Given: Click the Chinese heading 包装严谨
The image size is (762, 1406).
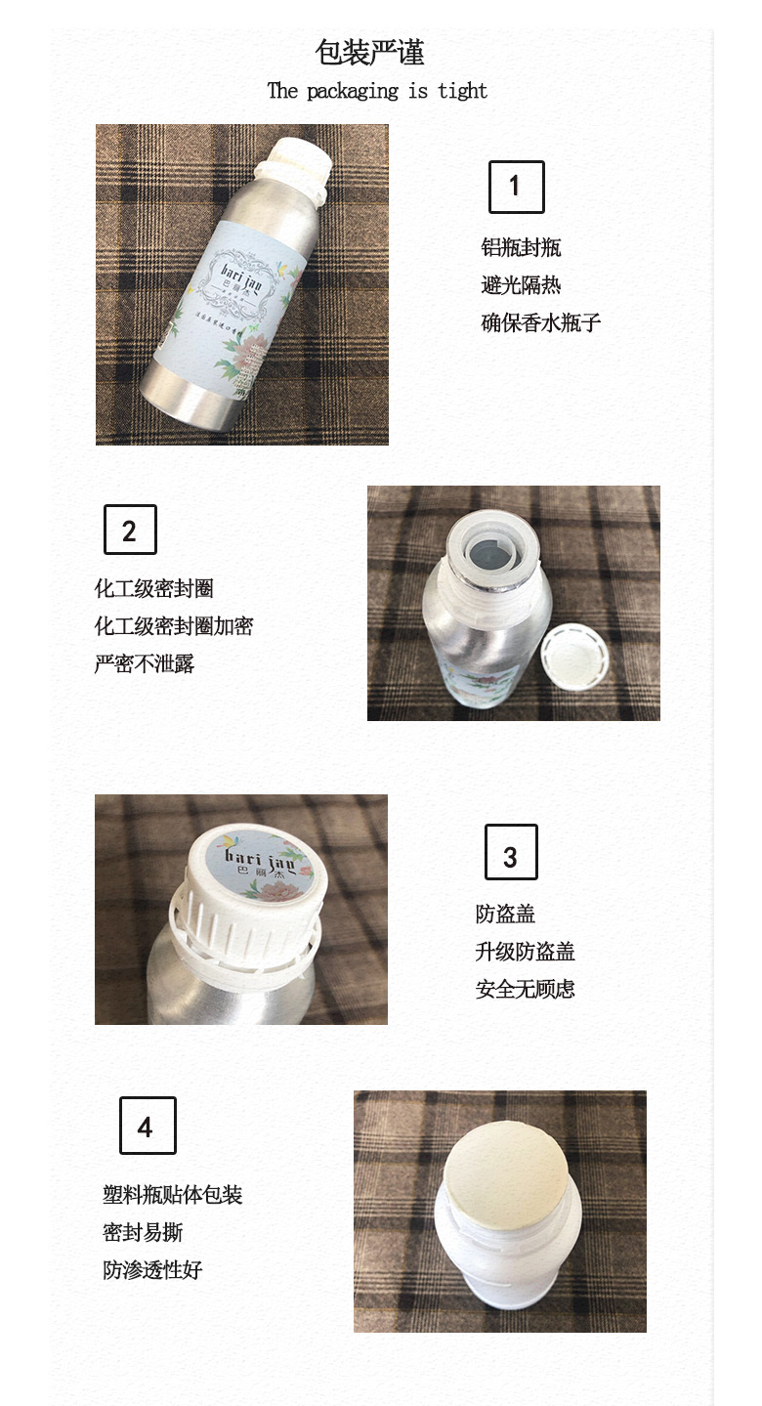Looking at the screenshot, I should (369, 52).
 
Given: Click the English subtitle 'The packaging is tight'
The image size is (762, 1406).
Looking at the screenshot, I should (377, 91).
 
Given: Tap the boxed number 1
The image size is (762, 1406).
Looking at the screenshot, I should (516, 187).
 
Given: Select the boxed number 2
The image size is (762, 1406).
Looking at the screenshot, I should (130, 531).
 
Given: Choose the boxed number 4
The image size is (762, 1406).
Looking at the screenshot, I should (148, 1127).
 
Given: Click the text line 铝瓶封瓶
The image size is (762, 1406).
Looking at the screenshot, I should (521, 248).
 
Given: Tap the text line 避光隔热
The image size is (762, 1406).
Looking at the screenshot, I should (521, 285).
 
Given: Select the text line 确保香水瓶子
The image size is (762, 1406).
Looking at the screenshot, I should (540, 323).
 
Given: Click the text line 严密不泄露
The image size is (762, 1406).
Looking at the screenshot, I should (144, 664).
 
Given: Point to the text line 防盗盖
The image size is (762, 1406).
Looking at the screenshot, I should (505, 915).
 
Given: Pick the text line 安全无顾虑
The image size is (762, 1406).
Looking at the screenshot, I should (525, 989).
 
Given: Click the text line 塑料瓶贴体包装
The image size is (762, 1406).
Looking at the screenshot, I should (172, 1195).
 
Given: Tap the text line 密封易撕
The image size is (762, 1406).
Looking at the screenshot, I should (143, 1233).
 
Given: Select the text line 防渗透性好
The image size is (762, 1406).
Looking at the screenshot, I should (152, 1270).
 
